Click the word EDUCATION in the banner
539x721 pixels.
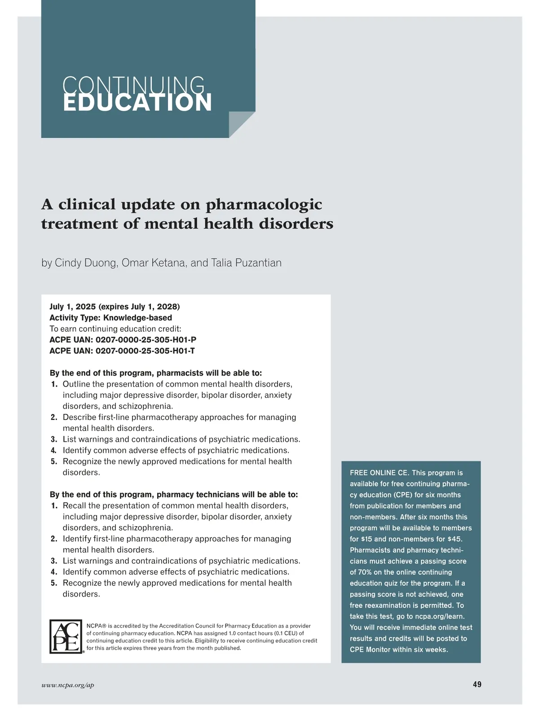(x=137, y=103)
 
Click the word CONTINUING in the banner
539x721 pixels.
(x=134, y=84)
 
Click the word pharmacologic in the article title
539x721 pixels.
(x=264, y=204)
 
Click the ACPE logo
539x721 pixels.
(x=66, y=637)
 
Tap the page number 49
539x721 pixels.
(x=477, y=684)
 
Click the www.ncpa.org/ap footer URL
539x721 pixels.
(x=68, y=685)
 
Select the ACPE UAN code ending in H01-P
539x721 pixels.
(x=146, y=340)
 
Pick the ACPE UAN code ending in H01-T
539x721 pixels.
(x=145, y=351)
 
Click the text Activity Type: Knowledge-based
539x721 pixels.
(x=110, y=318)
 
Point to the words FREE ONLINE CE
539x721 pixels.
(x=379, y=473)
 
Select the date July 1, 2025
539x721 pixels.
(x=72, y=307)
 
